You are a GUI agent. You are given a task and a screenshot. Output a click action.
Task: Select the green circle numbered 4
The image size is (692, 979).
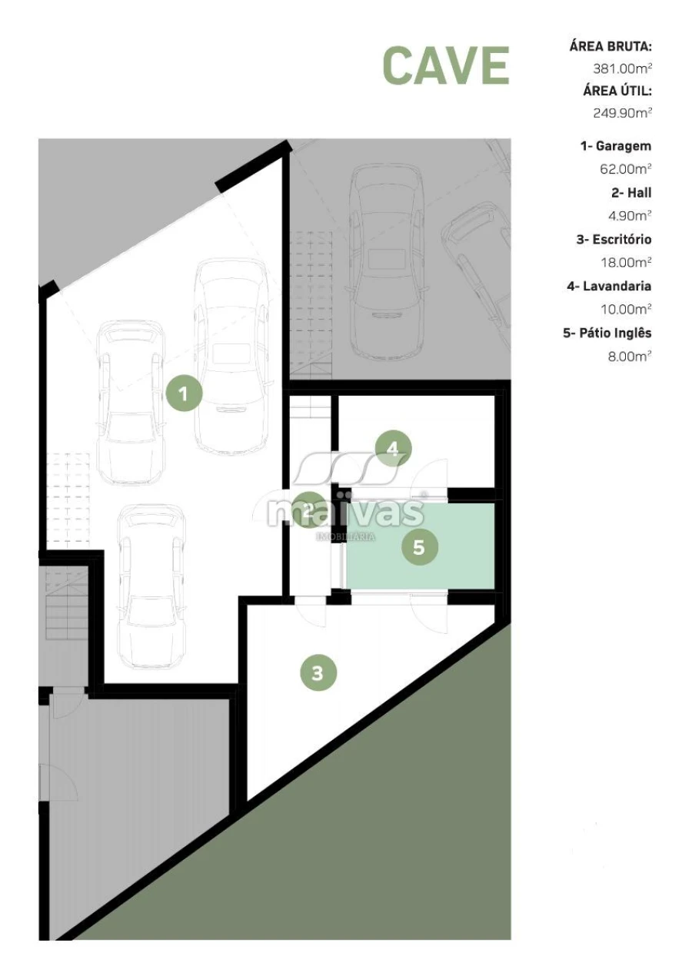393,449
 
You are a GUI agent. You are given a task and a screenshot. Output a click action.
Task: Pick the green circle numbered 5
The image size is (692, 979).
419,547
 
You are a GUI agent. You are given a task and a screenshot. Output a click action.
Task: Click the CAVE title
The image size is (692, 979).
446,65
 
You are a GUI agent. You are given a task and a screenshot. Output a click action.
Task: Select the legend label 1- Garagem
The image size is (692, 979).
616,147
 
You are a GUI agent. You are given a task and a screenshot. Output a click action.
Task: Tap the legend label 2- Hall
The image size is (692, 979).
631,193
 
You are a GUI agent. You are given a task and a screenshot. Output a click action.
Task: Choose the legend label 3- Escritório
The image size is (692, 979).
614,240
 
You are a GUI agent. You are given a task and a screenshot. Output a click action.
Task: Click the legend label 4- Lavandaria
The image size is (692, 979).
609,287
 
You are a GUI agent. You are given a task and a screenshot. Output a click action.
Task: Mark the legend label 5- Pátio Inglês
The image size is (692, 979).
607,334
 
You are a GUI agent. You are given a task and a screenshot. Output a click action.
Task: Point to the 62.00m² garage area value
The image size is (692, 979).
626,169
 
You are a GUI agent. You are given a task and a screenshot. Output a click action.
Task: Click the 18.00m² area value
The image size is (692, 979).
626,262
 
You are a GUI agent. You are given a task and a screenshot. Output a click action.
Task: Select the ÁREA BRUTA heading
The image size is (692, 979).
610,45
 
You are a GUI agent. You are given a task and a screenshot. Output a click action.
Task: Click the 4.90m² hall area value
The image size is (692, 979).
630,215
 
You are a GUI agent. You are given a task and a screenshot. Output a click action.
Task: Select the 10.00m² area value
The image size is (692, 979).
626,309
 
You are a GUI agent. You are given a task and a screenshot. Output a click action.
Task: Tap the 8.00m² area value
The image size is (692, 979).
630,357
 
